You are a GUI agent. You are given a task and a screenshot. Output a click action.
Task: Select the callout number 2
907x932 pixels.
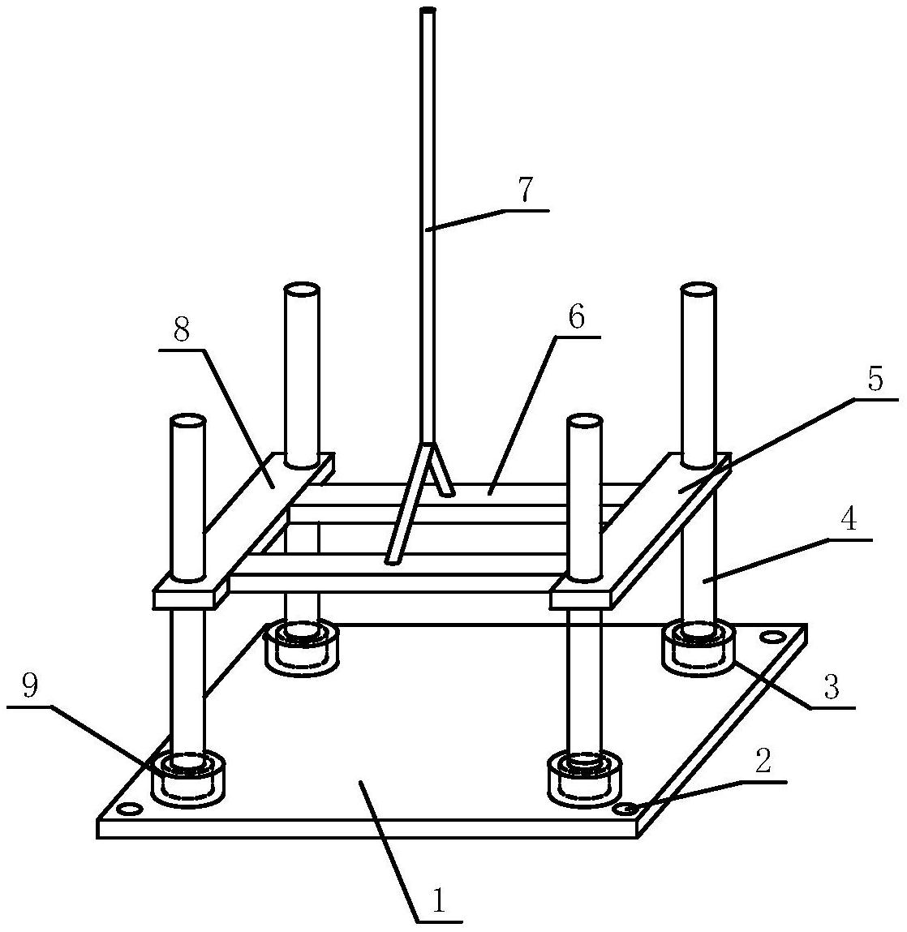(763, 762)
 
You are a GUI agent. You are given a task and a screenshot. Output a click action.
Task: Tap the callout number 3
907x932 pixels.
(830, 687)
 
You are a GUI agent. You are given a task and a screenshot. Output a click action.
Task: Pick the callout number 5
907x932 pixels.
(875, 380)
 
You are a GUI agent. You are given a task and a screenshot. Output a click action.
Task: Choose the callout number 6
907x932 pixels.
(575, 317)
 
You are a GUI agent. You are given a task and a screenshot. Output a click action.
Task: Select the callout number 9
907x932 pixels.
(29, 687)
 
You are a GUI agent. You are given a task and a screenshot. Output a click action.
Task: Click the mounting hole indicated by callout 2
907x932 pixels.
(625, 809)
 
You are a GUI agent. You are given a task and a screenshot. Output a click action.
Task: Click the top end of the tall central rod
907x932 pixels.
(428, 11)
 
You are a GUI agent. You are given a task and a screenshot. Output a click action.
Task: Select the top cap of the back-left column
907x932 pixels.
(301, 290)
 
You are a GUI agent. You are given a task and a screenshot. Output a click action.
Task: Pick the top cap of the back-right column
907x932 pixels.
(698, 290)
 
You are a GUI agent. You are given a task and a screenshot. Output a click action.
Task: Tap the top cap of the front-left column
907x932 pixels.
(187, 421)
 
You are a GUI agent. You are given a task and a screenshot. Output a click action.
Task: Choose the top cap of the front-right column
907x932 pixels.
(584, 421)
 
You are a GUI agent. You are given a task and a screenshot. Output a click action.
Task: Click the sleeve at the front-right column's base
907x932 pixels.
(584, 779)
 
